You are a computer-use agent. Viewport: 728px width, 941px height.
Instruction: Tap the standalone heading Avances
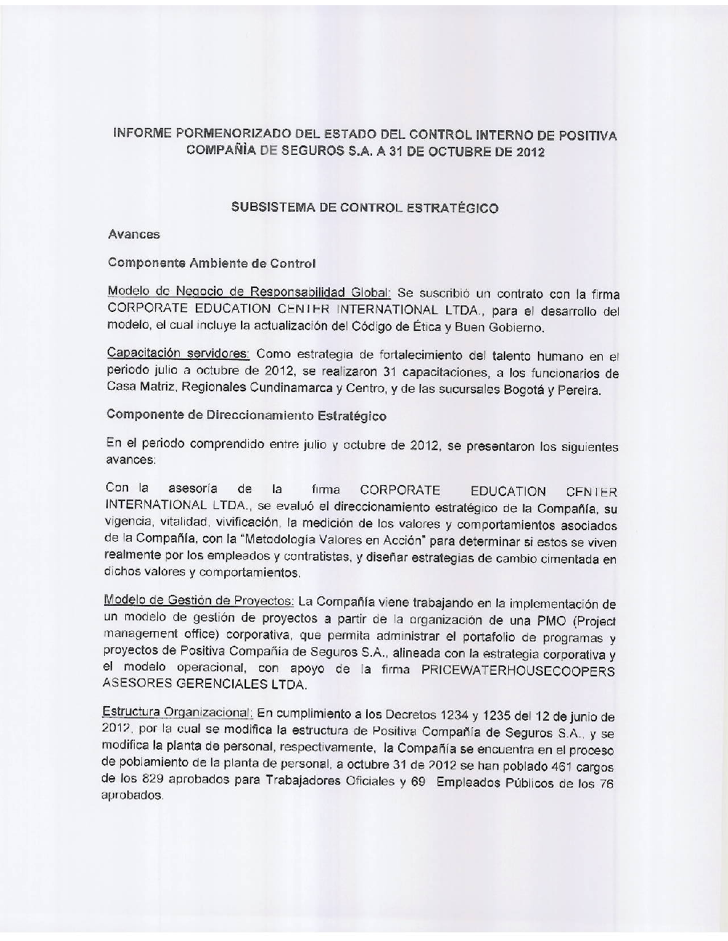coord(134,234)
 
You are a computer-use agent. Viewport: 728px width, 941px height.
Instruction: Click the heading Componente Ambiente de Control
coord(211,263)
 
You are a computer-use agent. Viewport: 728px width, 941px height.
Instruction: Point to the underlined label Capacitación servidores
coord(178,353)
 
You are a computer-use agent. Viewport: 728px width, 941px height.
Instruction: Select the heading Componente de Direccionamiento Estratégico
coord(246,415)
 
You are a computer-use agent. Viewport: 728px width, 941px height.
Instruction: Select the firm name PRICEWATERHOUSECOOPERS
coord(518,670)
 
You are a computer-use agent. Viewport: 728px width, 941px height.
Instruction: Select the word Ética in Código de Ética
coord(413,327)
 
